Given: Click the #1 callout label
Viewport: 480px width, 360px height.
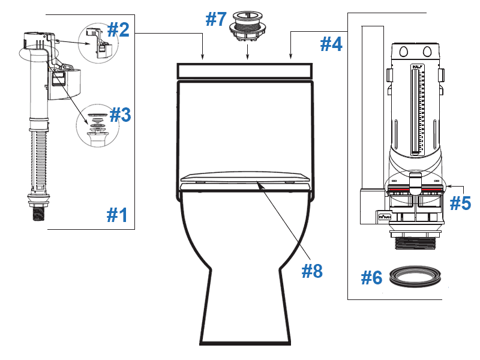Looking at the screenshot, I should pyautogui.click(x=118, y=214).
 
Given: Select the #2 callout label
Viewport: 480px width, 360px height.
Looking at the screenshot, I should pyautogui.click(x=118, y=29).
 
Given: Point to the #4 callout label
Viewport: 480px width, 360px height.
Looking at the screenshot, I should pyautogui.click(x=331, y=44).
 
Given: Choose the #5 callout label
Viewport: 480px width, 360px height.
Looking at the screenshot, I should pyautogui.click(x=460, y=203).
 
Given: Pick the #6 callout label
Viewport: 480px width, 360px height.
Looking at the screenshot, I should pyautogui.click(x=372, y=278).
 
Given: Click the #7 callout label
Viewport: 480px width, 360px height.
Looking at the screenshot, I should pyautogui.click(x=215, y=19).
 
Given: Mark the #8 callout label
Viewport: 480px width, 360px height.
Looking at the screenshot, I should pyautogui.click(x=312, y=271).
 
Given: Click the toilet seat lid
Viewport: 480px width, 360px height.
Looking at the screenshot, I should pyautogui.click(x=245, y=178).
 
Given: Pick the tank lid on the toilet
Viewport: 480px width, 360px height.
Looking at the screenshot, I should pyautogui.click(x=245, y=70).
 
